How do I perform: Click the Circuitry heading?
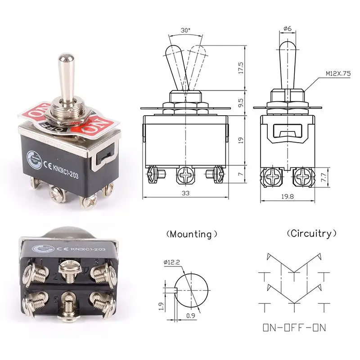click(x=311, y=234)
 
